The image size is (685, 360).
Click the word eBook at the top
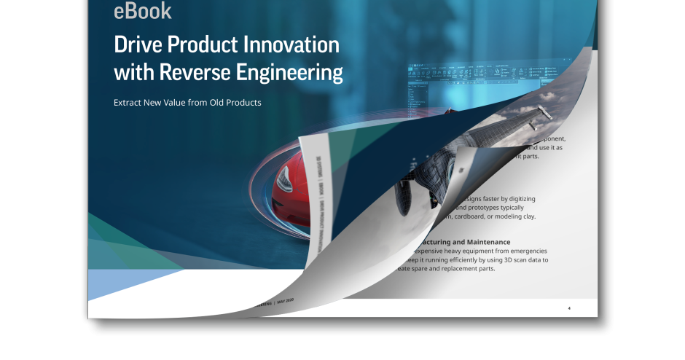point(143,11)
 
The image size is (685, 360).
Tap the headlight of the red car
point(286,177)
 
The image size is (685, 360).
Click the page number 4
point(569,308)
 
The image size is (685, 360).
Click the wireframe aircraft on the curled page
point(430,168)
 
